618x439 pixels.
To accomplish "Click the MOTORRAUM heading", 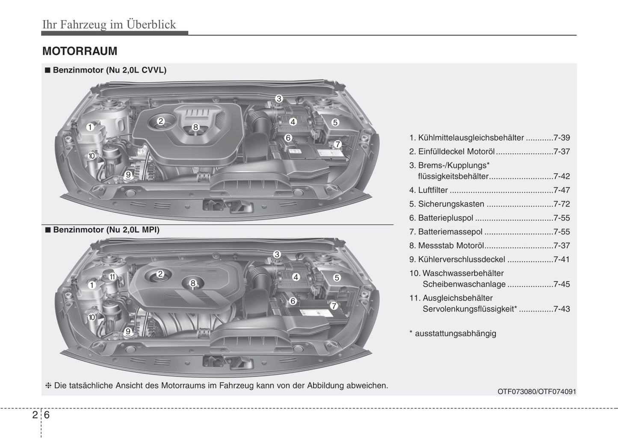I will pos(80,51).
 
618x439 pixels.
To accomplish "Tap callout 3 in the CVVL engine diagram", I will pos(279,99).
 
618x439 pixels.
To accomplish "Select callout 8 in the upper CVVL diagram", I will pos(195,127).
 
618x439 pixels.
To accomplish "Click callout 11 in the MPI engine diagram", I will pos(112,277).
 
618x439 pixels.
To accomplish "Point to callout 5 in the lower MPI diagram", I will pos(337,278).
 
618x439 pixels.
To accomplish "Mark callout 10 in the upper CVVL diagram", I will pos(91,156).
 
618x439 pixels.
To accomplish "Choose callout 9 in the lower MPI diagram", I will pos(127,331).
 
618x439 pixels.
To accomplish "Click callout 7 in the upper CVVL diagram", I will pos(337,144).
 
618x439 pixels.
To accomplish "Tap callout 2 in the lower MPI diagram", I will pos(160,274).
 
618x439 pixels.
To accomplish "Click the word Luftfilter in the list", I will pos(433,190).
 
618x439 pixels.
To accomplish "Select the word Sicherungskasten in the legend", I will pos(451,204).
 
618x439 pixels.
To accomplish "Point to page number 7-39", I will pos(561,138).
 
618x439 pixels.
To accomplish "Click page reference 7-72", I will pos(561,204).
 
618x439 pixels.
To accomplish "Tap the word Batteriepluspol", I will pos(445,218).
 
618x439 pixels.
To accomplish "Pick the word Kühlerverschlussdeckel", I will pos(461,260).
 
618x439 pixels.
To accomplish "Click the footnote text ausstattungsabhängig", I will pos(455,334).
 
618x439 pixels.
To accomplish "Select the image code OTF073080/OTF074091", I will pos(537,392).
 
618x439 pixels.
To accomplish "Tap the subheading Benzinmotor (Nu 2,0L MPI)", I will pos(106,230).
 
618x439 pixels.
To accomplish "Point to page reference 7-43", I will pos(561,309).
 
